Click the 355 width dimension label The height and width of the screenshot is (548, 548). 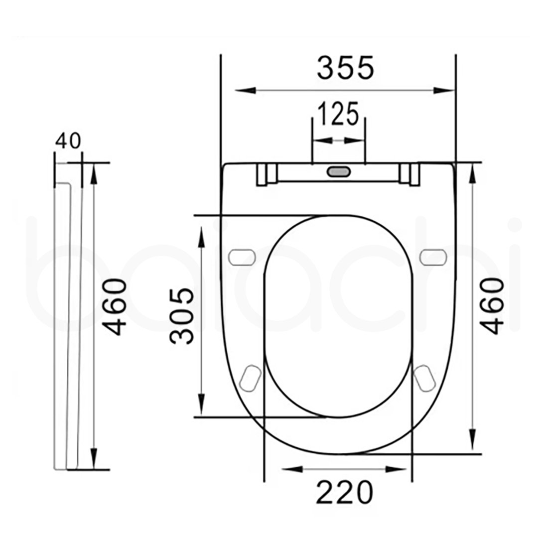tap(345, 68)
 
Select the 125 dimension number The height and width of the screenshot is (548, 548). tap(338, 114)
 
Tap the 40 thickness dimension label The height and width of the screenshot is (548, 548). tap(68, 141)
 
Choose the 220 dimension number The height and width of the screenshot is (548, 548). tap(345, 493)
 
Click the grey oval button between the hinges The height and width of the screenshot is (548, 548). tap(339, 172)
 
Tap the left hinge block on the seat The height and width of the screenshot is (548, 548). tap(266, 175)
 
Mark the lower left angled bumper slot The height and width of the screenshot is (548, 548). tap(250, 377)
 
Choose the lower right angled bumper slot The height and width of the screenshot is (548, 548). tap(425, 377)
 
